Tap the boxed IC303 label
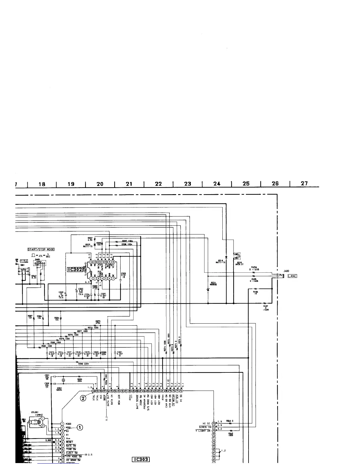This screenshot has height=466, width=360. point(141,460)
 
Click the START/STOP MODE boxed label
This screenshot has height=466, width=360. point(41,249)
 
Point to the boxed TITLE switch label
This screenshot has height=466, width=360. point(24,261)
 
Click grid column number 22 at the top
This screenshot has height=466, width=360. point(158,184)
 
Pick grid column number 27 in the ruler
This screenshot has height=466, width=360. point(304,183)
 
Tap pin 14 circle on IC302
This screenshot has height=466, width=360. point(91,262)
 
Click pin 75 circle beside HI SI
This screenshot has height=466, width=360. point(214,423)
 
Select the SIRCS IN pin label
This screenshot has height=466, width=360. point(205,427)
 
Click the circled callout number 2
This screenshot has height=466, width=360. point(84,398)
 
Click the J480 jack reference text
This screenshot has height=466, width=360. point(286,271)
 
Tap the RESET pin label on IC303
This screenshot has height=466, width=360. point(69,442)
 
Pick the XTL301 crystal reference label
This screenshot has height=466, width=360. point(35,412)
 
